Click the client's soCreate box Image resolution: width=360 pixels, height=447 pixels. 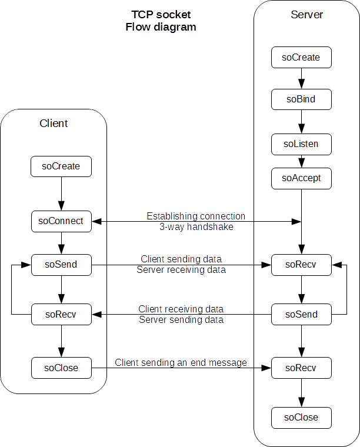61,166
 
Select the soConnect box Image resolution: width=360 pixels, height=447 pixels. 61,221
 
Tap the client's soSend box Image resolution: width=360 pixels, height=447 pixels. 61,265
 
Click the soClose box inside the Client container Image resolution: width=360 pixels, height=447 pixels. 61,368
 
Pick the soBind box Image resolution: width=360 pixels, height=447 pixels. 301,99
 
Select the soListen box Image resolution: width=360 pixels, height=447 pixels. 301,144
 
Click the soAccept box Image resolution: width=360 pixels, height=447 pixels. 301,178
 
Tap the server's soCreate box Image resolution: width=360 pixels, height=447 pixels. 301,58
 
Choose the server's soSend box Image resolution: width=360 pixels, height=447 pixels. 301,314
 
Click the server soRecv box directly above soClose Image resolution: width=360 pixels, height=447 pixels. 301,368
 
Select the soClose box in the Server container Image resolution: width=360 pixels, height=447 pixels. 301,417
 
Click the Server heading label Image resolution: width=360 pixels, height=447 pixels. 306,15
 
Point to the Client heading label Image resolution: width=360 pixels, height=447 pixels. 54,124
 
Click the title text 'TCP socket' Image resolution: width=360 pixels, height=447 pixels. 161,15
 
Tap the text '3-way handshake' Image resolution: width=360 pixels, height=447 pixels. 196,226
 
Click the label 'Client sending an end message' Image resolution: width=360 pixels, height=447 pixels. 181,363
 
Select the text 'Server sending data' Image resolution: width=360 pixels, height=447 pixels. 181,320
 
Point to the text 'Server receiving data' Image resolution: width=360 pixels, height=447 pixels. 181,270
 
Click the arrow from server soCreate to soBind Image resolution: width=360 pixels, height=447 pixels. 301,78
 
